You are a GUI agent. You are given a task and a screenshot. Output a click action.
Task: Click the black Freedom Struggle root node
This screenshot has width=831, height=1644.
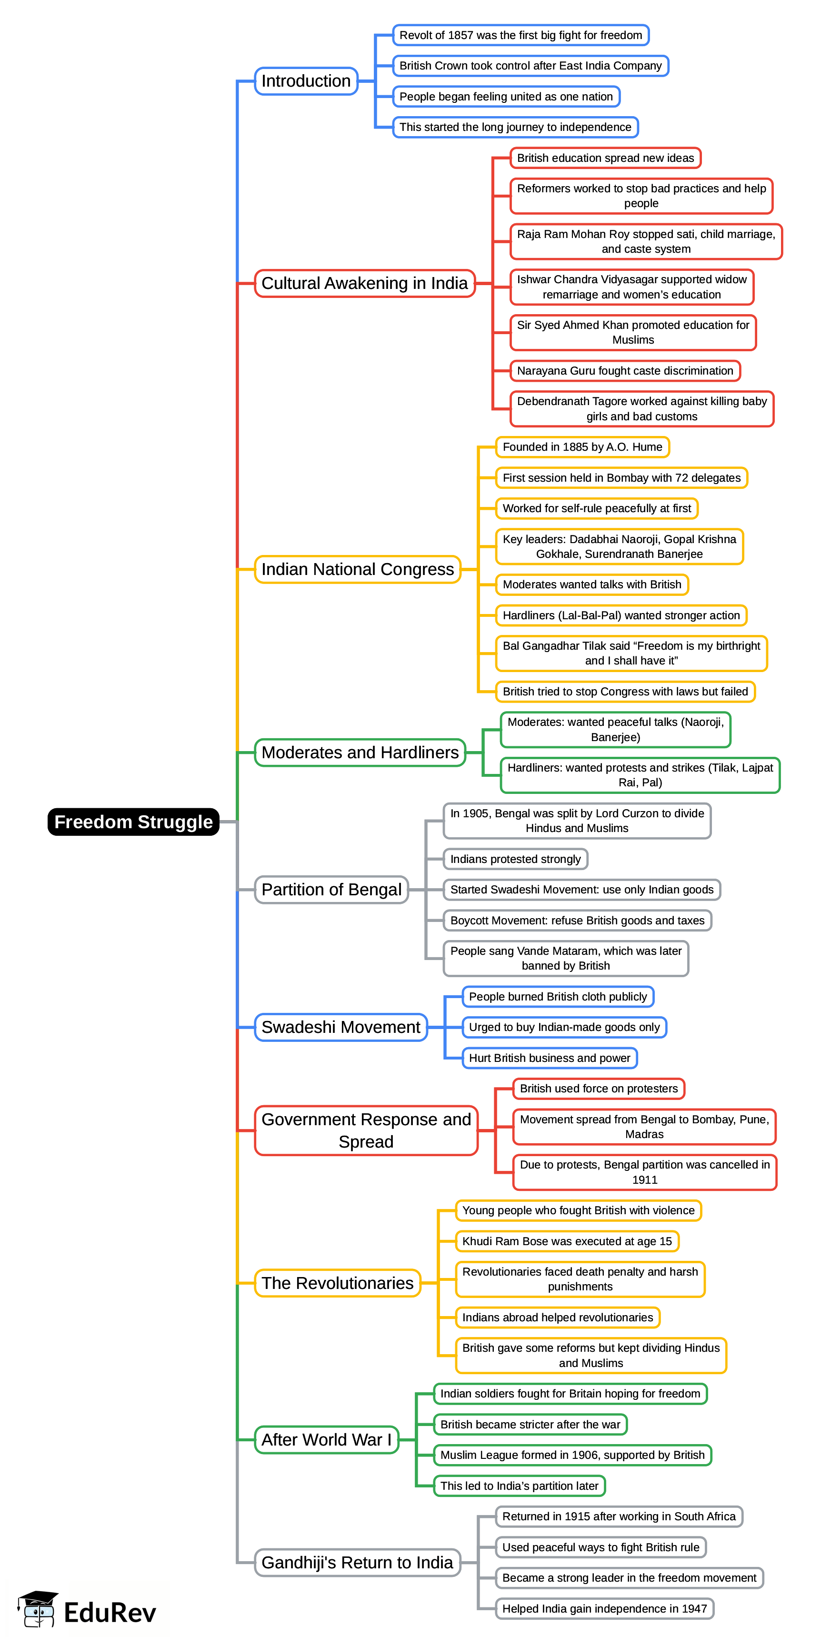(x=133, y=822)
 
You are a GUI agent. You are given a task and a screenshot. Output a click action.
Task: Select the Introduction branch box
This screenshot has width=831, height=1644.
(x=306, y=81)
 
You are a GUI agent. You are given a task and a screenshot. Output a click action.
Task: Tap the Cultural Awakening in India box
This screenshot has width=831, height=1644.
(x=365, y=283)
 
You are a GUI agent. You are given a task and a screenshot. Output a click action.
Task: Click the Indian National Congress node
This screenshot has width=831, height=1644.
(x=357, y=569)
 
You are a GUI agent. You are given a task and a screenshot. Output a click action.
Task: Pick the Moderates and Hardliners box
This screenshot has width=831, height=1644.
(x=360, y=753)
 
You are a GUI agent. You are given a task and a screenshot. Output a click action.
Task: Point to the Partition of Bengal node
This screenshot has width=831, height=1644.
(x=331, y=890)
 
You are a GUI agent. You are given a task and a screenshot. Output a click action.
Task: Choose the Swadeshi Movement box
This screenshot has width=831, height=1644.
(x=340, y=1027)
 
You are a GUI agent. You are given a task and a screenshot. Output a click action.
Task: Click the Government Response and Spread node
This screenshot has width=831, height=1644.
(x=366, y=1130)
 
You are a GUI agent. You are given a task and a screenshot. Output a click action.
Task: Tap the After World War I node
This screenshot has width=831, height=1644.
(x=326, y=1440)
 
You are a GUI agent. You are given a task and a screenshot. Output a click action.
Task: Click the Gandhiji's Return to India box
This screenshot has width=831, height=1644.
(x=357, y=1562)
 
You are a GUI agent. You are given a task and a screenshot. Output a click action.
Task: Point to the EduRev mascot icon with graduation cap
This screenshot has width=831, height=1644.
(x=38, y=1609)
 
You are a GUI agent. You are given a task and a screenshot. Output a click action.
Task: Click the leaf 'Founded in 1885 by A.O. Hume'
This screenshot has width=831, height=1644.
(x=582, y=447)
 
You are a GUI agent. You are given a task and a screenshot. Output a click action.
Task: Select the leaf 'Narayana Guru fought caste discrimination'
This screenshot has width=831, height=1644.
(x=625, y=371)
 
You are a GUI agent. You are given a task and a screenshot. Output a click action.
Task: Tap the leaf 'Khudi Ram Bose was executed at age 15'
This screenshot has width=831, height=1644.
(x=567, y=1241)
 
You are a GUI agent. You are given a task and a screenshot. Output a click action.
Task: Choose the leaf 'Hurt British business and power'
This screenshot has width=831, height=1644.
(x=549, y=1058)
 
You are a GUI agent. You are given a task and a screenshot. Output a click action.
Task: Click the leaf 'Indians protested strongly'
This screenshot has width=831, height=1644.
(x=515, y=859)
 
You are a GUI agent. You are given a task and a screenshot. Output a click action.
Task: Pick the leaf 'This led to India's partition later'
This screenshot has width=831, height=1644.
(x=519, y=1486)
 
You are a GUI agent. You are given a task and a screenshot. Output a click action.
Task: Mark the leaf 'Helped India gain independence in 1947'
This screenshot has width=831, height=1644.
(x=604, y=1608)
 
